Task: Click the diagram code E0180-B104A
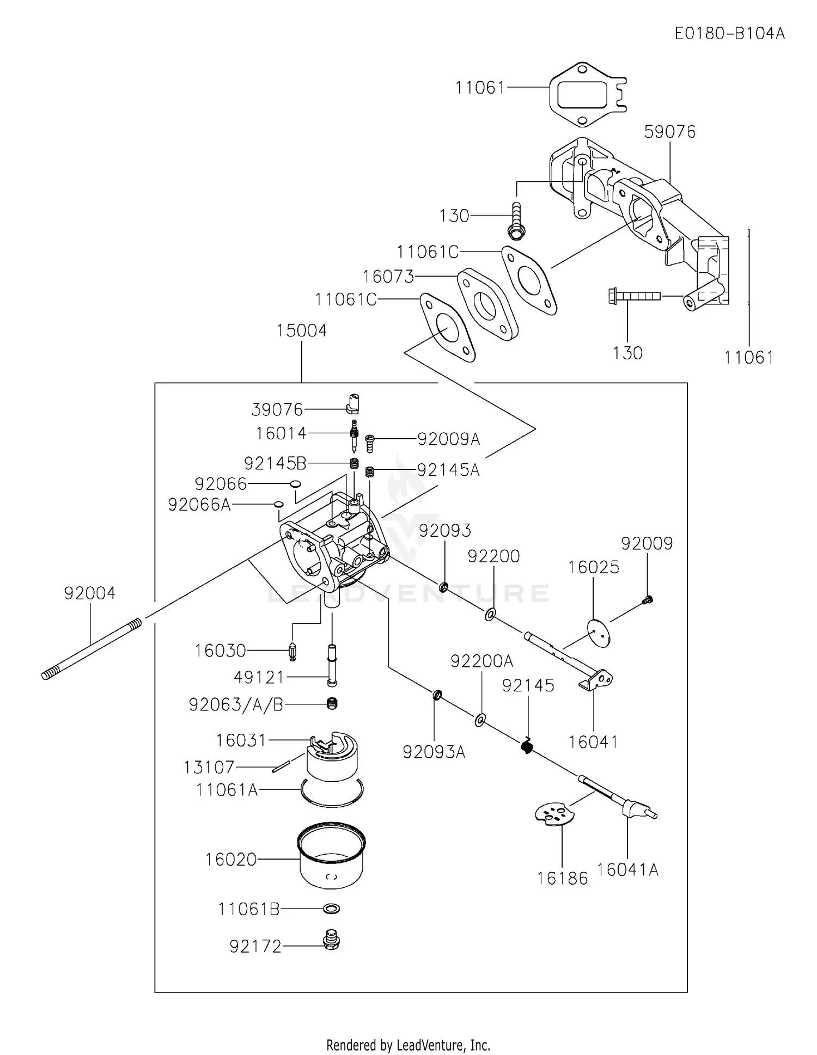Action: tap(729, 34)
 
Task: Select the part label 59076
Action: tap(669, 132)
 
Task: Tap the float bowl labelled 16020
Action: tap(331, 858)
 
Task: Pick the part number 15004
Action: tap(301, 331)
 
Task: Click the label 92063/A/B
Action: tap(236, 704)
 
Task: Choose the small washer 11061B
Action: tap(331, 909)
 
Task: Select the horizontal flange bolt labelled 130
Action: tap(633, 296)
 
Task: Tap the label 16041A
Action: tap(627, 869)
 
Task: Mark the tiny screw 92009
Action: tap(648, 600)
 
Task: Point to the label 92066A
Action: tap(199, 505)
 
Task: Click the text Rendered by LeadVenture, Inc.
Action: tap(408, 1045)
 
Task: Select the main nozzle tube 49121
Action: tap(332, 665)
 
